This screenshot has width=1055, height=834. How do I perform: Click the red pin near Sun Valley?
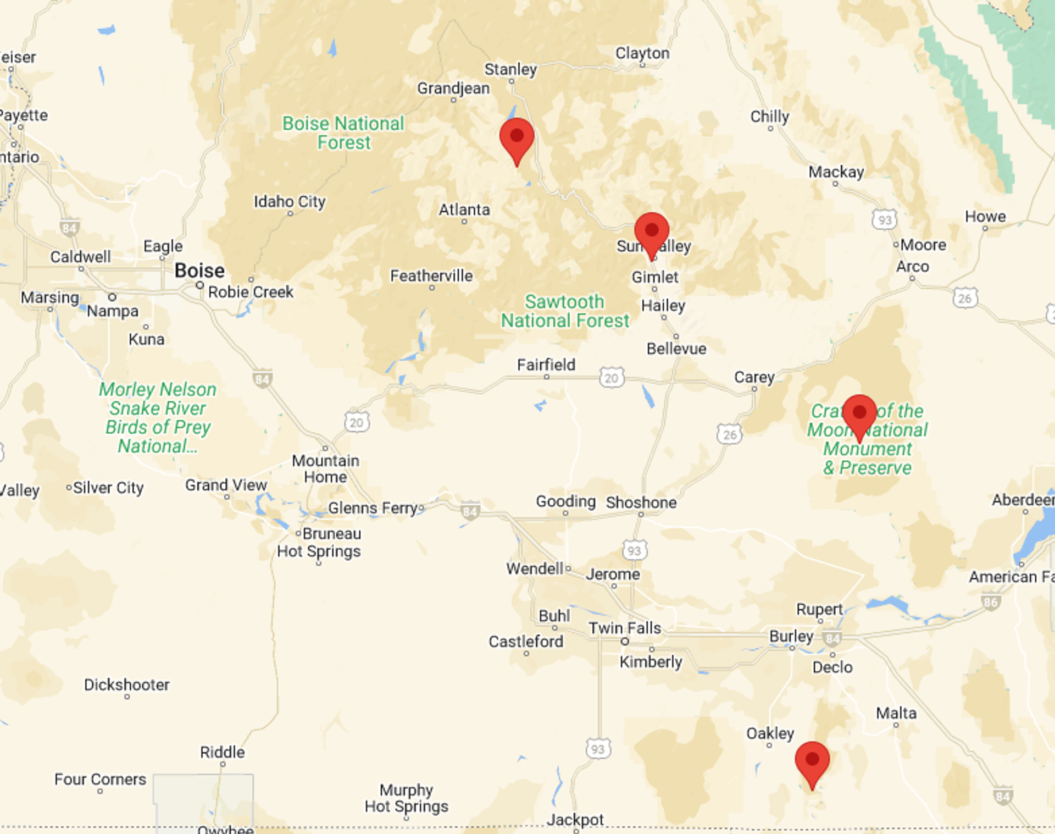[x=652, y=233]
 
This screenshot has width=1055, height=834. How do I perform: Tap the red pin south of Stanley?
[x=517, y=139]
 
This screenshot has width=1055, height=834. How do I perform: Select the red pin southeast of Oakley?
[x=812, y=763]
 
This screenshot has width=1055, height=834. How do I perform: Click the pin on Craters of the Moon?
[x=859, y=415]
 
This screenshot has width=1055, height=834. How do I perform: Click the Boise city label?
[x=199, y=271]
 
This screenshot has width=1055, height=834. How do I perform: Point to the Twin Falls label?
[x=625, y=628]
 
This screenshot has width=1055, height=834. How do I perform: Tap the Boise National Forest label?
[x=343, y=133]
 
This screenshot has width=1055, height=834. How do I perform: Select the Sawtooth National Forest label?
[x=564, y=311]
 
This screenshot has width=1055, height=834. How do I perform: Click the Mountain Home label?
[x=325, y=469]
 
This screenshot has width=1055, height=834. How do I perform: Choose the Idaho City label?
[x=290, y=202]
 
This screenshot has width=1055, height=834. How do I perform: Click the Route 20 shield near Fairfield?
[x=611, y=378]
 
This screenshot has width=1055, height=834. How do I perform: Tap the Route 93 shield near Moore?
[x=884, y=220]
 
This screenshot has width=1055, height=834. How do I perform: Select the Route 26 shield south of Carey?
[x=729, y=434]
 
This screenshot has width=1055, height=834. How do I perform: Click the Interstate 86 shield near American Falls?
[x=990, y=602]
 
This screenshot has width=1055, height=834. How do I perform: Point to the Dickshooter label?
[x=126, y=685]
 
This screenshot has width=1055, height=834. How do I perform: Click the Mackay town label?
[x=836, y=172]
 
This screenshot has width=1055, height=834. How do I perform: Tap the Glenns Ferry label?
[x=374, y=508]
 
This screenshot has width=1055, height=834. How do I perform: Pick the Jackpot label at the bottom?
[x=575, y=820]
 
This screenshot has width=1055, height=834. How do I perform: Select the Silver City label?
[x=108, y=488]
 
